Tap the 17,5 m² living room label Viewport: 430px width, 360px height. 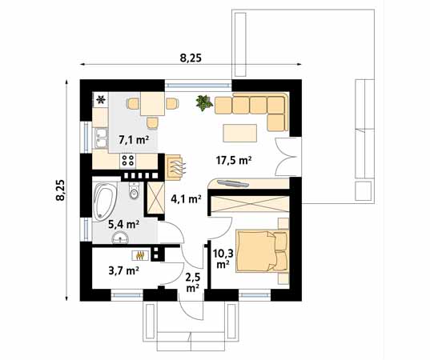pos(234,159)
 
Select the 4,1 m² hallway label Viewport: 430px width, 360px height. pos(184,199)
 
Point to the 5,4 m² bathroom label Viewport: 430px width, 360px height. pos(123,225)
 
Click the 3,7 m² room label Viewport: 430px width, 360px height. pos(123,270)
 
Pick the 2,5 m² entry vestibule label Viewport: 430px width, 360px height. pos(192,281)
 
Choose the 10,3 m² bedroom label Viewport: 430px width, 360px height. pos(222,257)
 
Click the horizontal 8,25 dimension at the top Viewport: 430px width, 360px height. pos(191,58)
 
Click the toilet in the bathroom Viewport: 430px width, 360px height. pos(135,193)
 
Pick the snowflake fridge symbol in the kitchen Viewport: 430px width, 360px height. pos(101,100)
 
